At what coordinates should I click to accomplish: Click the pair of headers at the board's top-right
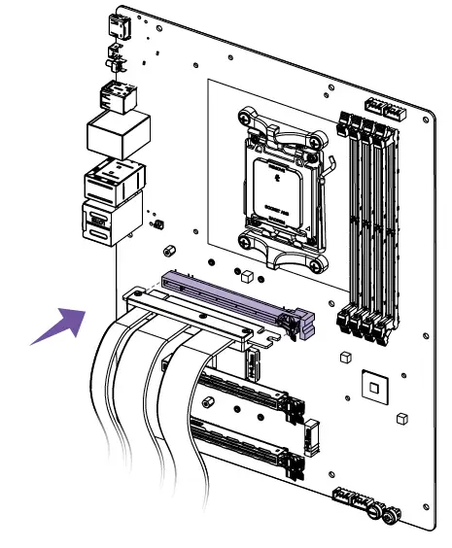383,108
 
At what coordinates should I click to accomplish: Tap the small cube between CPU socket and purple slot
248,277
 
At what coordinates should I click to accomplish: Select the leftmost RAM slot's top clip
346,124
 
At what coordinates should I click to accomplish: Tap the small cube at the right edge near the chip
400,419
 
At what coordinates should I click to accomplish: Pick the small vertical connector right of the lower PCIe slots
312,439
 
